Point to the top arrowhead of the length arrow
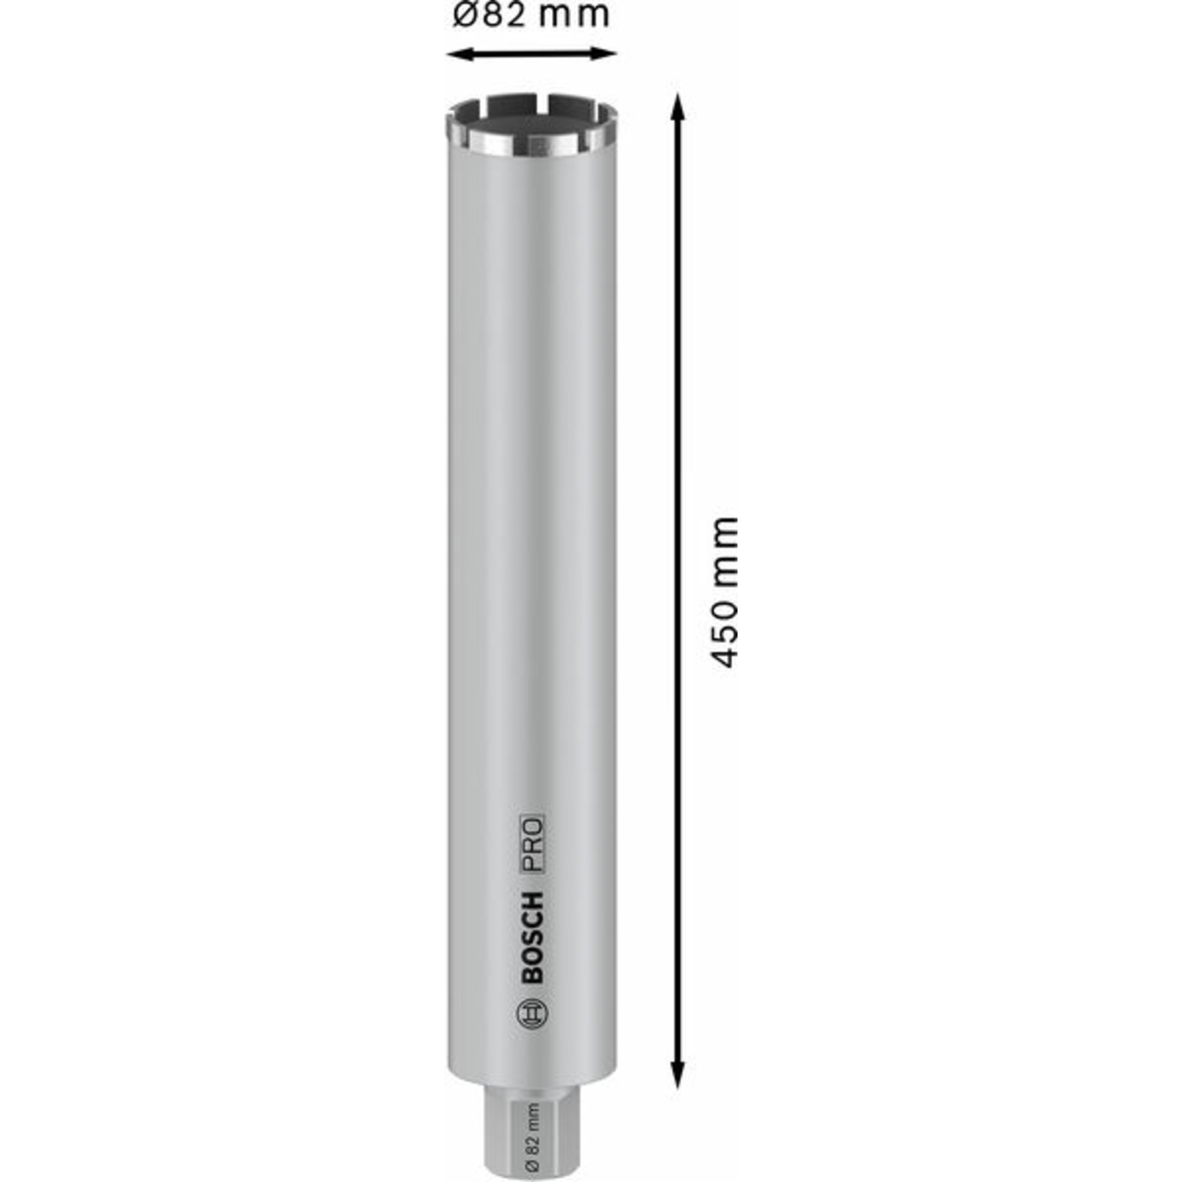tap(677, 106)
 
